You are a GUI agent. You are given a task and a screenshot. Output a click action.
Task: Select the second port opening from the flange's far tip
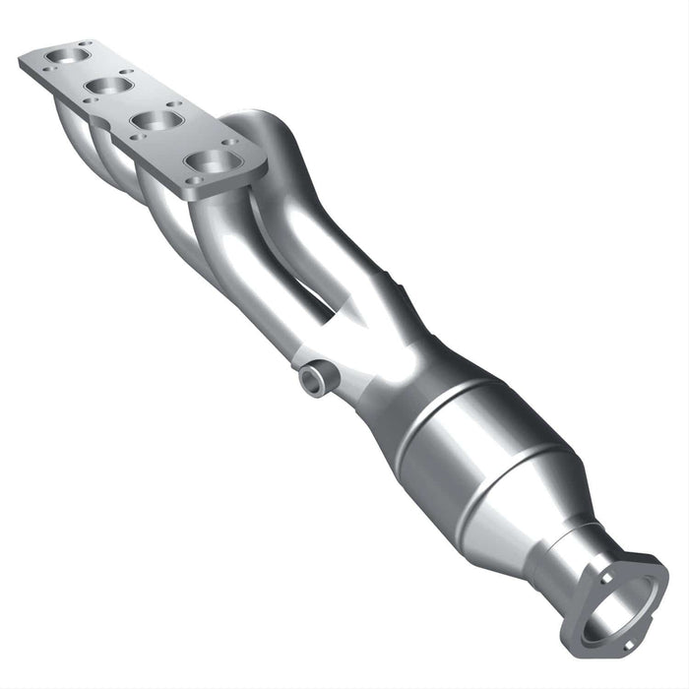(109, 87)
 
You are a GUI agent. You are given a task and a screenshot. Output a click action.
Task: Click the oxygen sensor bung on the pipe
(314, 379)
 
